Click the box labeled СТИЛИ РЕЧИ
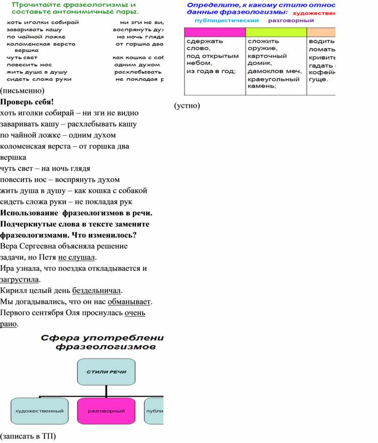pyautogui.click(x=107, y=372)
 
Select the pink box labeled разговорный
pyautogui.click(x=107, y=411)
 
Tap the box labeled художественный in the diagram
pyautogui.click(x=39, y=411)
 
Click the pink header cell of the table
pyautogui.click(x=214, y=32)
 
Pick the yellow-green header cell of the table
pyautogui.click(x=276, y=32)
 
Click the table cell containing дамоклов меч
pyautogui.click(x=275, y=71)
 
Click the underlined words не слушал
pyautogui.click(x=77, y=257)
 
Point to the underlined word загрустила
pyautogui.click(x=20, y=280)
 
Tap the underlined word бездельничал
pyautogui.click(x=96, y=291)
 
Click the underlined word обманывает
pyautogui.click(x=129, y=302)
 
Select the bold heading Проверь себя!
pyautogui.click(x=27, y=102)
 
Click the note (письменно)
pyautogui.click(x=22, y=90)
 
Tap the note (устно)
pyautogui.click(x=187, y=106)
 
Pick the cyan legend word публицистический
pyautogui.click(x=227, y=21)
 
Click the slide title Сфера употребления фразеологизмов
pyautogui.click(x=102, y=342)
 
